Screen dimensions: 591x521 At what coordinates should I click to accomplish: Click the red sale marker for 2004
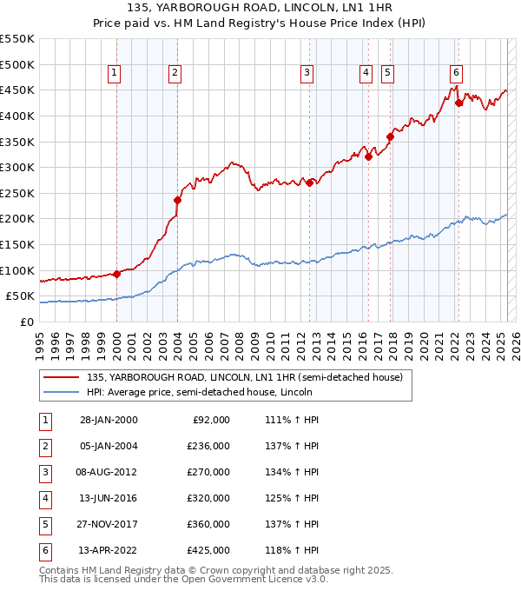[177, 200]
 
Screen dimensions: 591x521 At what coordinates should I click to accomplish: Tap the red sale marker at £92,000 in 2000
[116, 274]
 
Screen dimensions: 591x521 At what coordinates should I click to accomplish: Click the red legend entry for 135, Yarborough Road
[244, 378]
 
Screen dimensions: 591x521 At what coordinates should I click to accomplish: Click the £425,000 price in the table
[208, 550]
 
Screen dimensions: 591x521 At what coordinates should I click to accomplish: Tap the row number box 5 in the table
[45, 524]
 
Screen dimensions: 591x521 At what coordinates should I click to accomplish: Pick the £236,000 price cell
[208, 446]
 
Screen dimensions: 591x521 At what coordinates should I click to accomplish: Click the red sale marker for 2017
[391, 136]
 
